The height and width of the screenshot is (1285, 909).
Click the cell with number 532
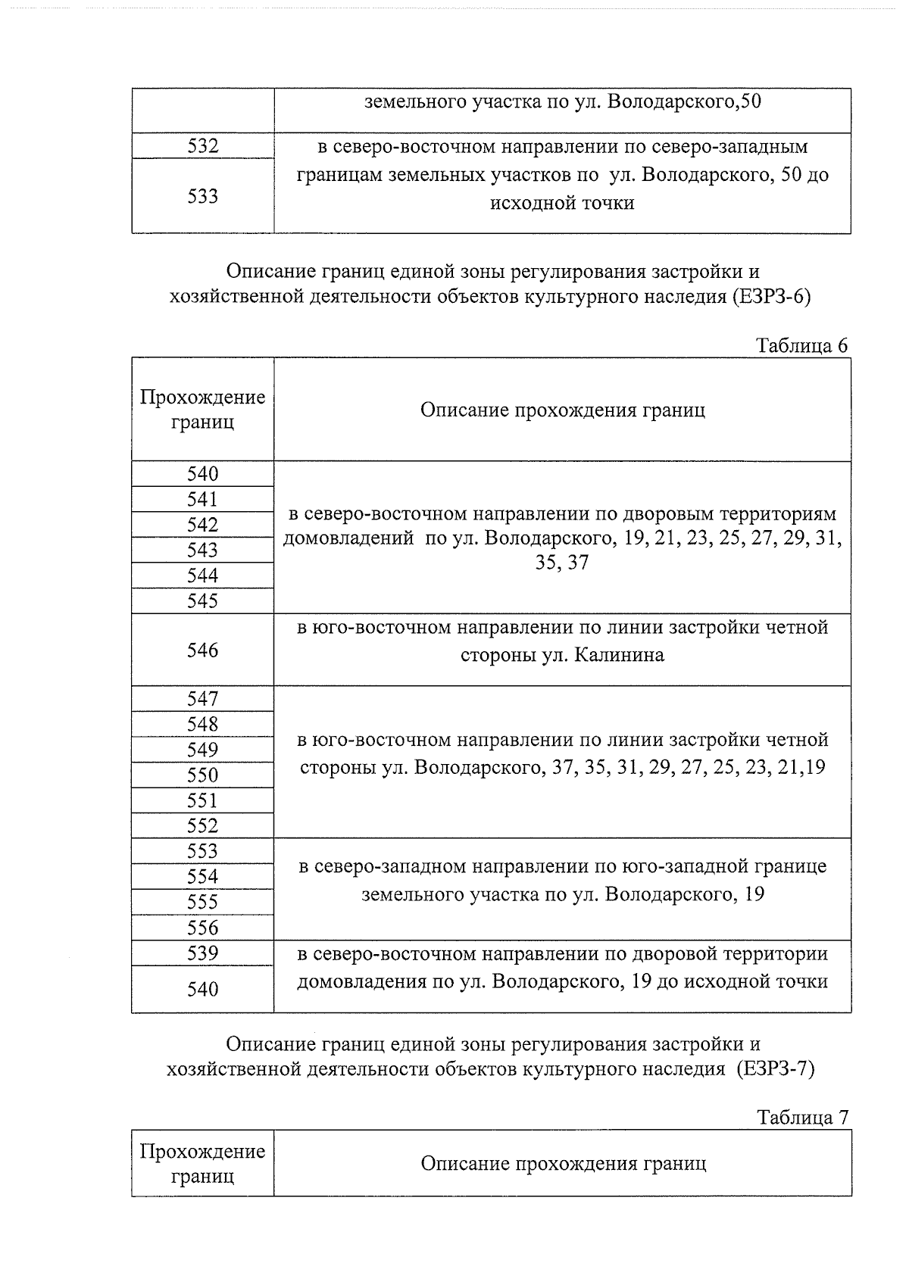(203, 146)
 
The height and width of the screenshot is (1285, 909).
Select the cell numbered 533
(203, 196)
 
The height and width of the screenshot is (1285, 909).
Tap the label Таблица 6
(802, 345)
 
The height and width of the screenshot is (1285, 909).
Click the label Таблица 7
(802, 1118)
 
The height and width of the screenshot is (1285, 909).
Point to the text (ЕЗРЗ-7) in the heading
(775, 1069)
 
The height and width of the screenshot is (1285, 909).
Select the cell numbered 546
(203, 650)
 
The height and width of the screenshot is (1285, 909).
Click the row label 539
(203, 953)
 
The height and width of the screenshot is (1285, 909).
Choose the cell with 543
(203, 550)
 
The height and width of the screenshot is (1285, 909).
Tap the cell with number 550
(203, 775)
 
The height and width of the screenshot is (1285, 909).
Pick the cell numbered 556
(203, 928)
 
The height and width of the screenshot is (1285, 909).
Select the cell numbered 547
(203, 698)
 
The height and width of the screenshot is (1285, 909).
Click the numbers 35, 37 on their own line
(561, 563)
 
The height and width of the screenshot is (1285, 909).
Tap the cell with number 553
(203, 851)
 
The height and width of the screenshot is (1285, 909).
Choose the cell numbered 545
(203, 600)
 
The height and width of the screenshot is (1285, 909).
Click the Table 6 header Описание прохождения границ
(562, 410)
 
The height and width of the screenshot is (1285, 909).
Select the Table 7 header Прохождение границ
(203, 1163)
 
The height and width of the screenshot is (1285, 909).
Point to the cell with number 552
(203, 825)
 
